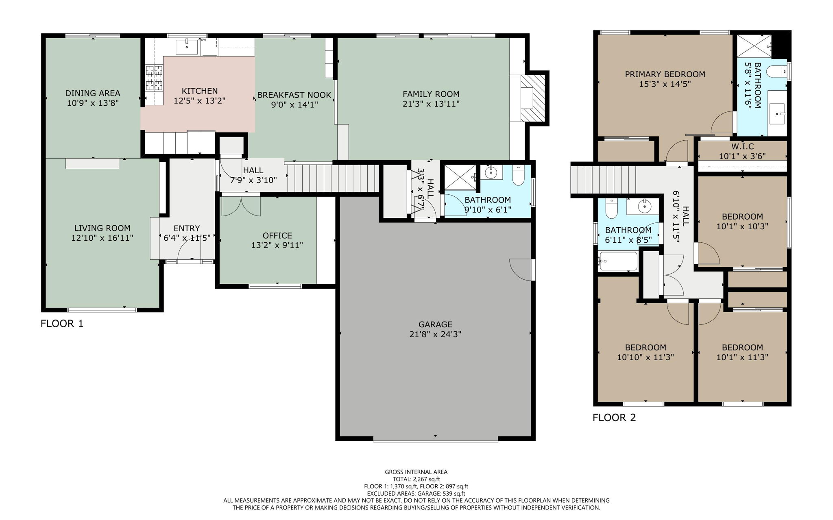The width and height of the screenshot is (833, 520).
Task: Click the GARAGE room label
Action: tap(435, 324)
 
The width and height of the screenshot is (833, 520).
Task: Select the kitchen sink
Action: tap(187, 47)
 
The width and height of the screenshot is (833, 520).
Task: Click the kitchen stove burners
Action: tap(155, 78)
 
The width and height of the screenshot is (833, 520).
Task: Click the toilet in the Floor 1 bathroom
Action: tap(518, 175)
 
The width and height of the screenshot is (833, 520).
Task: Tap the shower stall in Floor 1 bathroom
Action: tap(460, 177)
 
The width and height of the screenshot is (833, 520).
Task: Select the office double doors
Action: tap(241, 206)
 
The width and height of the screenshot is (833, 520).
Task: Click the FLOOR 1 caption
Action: tap(62, 324)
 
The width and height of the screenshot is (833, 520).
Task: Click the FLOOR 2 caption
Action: tap(614, 418)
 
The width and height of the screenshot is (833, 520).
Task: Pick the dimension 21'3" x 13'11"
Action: tap(431, 104)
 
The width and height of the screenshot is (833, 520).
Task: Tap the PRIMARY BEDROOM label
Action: tap(665, 74)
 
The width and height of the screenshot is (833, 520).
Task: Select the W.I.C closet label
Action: tap(742, 146)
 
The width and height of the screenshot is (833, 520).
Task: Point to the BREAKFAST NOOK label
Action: tap(294, 95)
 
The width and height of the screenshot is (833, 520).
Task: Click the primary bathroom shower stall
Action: tap(754, 46)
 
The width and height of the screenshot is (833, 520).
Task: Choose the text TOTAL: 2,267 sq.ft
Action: tap(416, 479)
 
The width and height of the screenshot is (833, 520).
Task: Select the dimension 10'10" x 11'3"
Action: tap(645, 357)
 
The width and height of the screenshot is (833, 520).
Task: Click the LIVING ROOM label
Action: tap(102, 228)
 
